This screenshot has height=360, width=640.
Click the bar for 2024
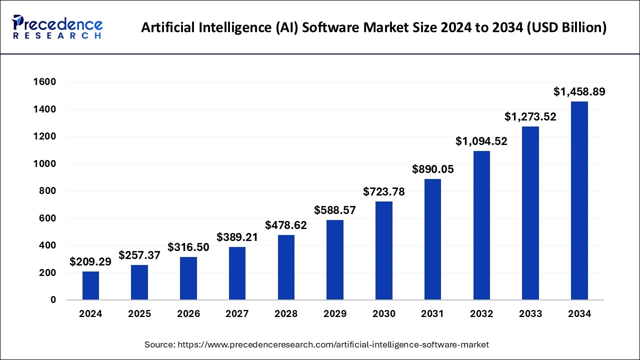pos(90,285)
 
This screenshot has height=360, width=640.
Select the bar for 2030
pos(384,250)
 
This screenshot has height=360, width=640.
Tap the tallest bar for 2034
pos(579,200)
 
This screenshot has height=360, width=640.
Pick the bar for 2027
pos(237,273)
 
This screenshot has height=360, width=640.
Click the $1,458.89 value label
pos(579,92)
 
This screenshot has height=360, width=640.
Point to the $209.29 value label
pos(90,261)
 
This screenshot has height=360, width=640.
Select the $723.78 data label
pos(384,191)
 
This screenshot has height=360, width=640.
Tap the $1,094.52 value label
pos(481,141)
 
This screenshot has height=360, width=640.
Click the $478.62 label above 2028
pos(286,225)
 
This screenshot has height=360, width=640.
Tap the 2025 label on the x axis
pos(139,314)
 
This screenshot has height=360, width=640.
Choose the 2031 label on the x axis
pos(433,314)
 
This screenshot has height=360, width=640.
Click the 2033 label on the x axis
pos(530,314)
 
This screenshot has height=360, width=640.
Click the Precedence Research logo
pos(57,27)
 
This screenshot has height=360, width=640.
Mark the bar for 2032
pos(481,225)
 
